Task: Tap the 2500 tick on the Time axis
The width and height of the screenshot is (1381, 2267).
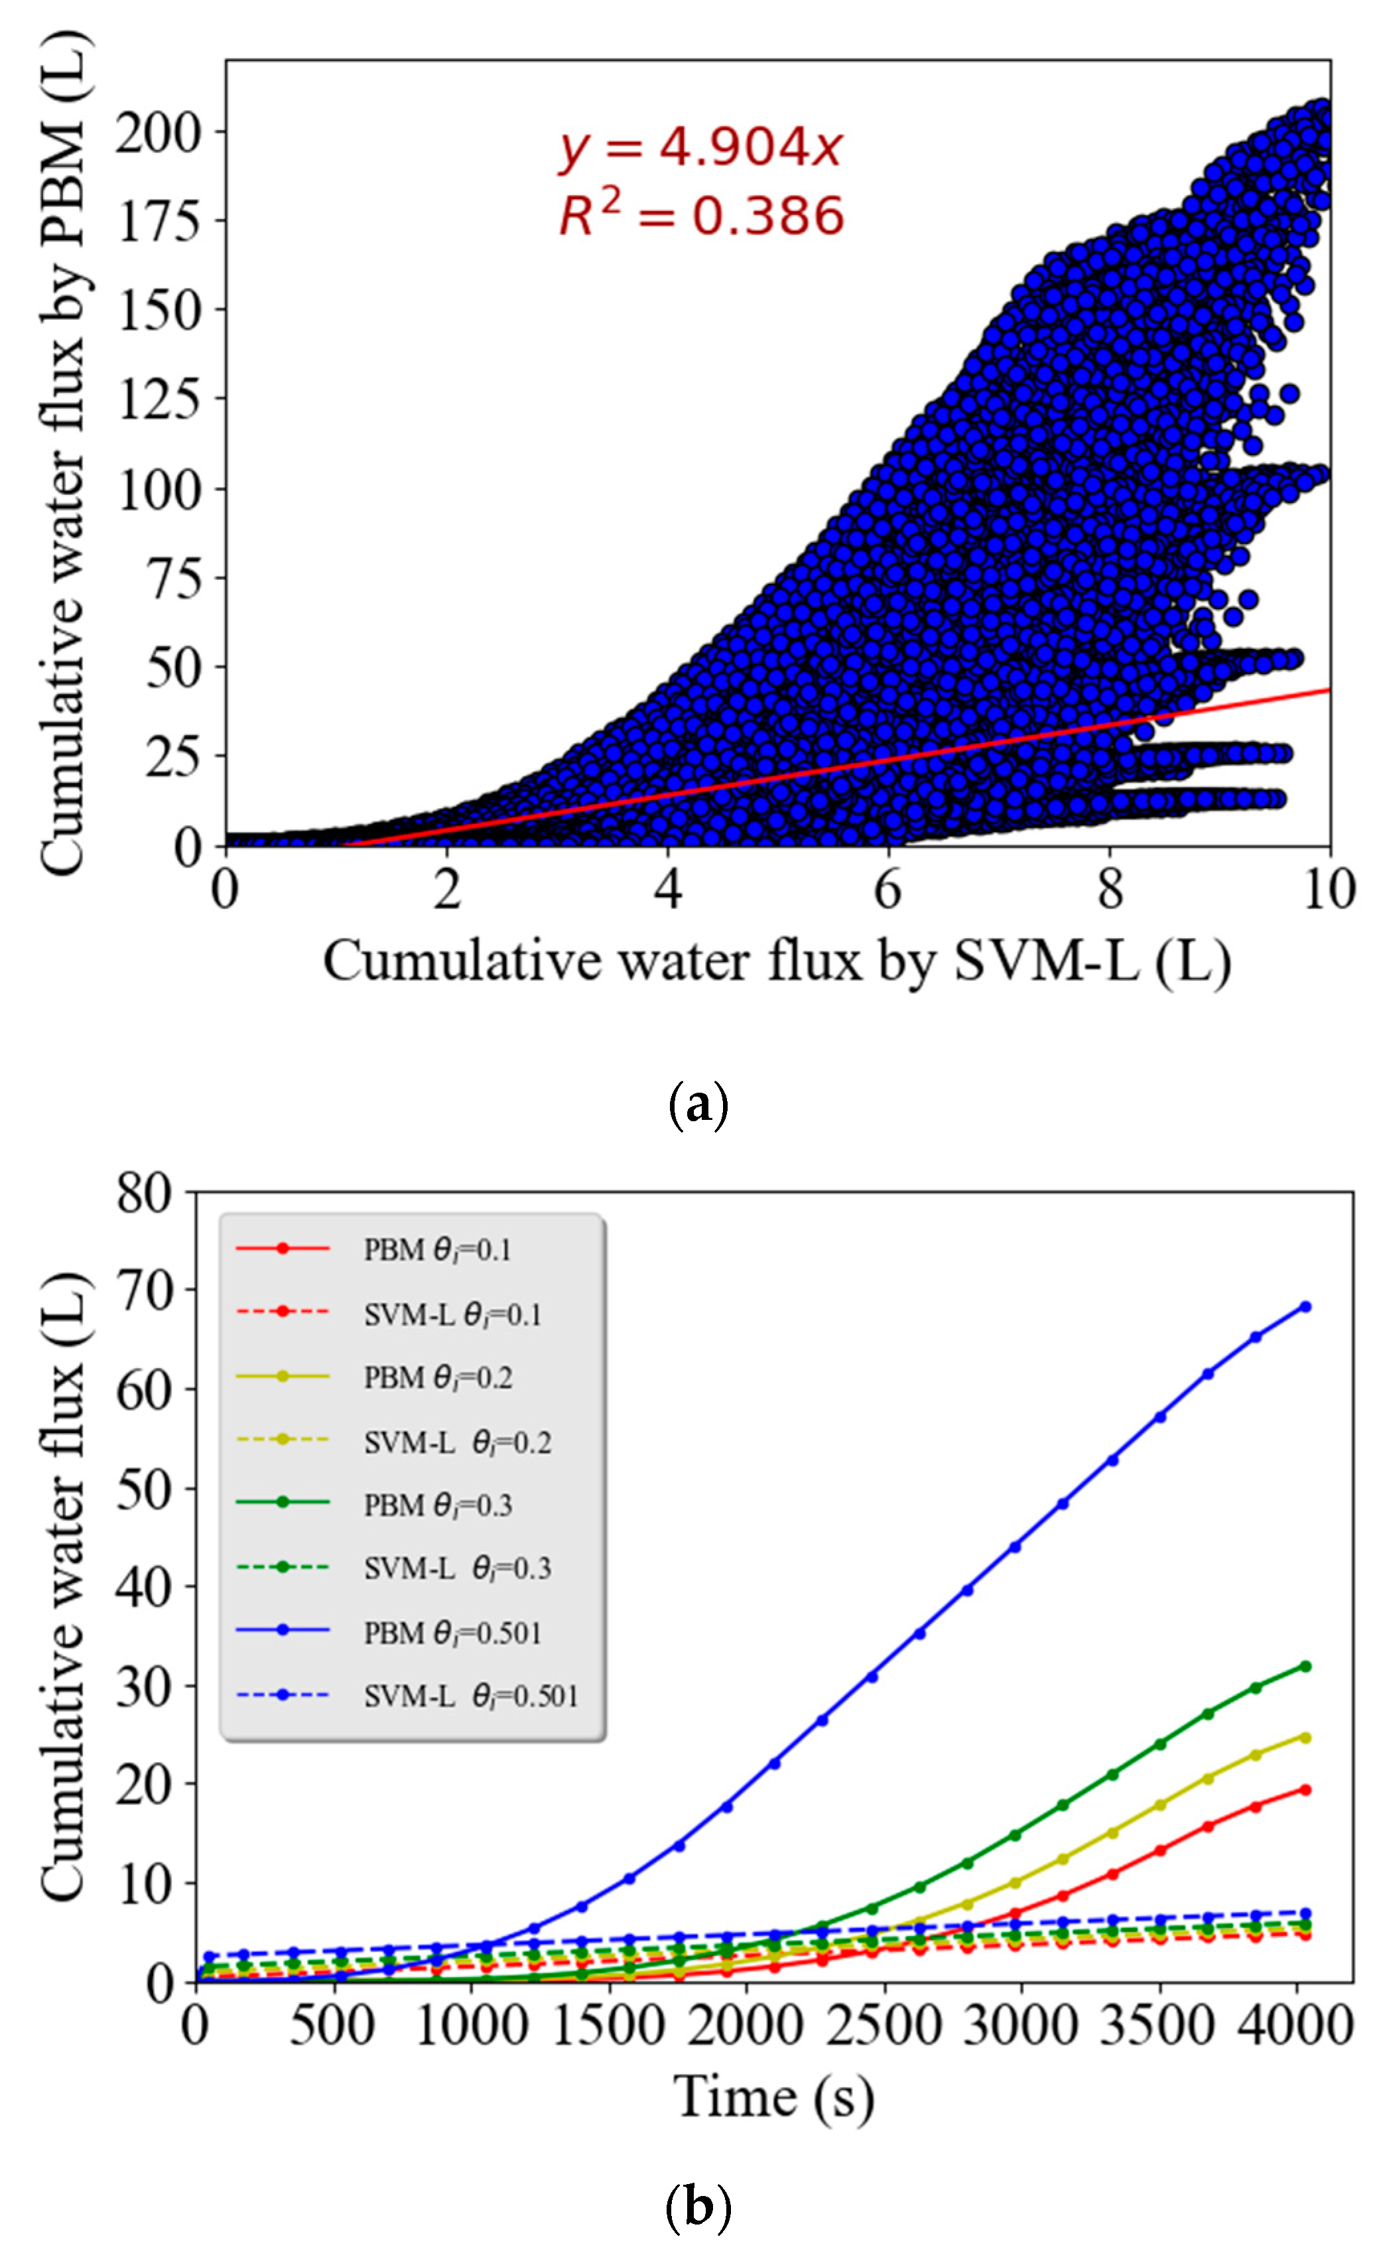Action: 884,2025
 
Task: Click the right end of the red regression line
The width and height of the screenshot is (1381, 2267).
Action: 1329,689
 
